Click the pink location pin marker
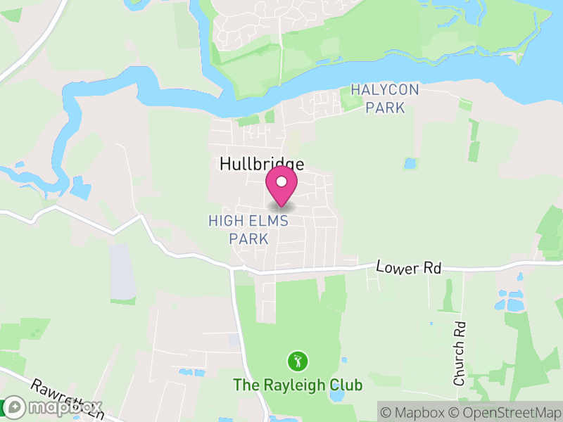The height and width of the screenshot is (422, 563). [x=281, y=186]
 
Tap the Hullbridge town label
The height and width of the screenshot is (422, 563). [x=262, y=165]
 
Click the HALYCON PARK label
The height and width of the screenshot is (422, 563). [x=385, y=98]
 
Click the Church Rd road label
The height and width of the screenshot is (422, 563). [x=460, y=353]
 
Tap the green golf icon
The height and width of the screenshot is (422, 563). [x=298, y=362]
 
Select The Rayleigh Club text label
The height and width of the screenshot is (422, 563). [x=298, y=385]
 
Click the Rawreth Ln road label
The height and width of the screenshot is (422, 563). [x=67, y=399]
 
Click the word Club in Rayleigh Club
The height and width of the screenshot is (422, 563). [x=348, y=385]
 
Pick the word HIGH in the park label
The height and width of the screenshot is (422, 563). [x=224, y=221]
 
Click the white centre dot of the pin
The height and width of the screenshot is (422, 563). [x=281, y=181]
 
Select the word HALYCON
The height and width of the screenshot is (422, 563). [x=385, y=89]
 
